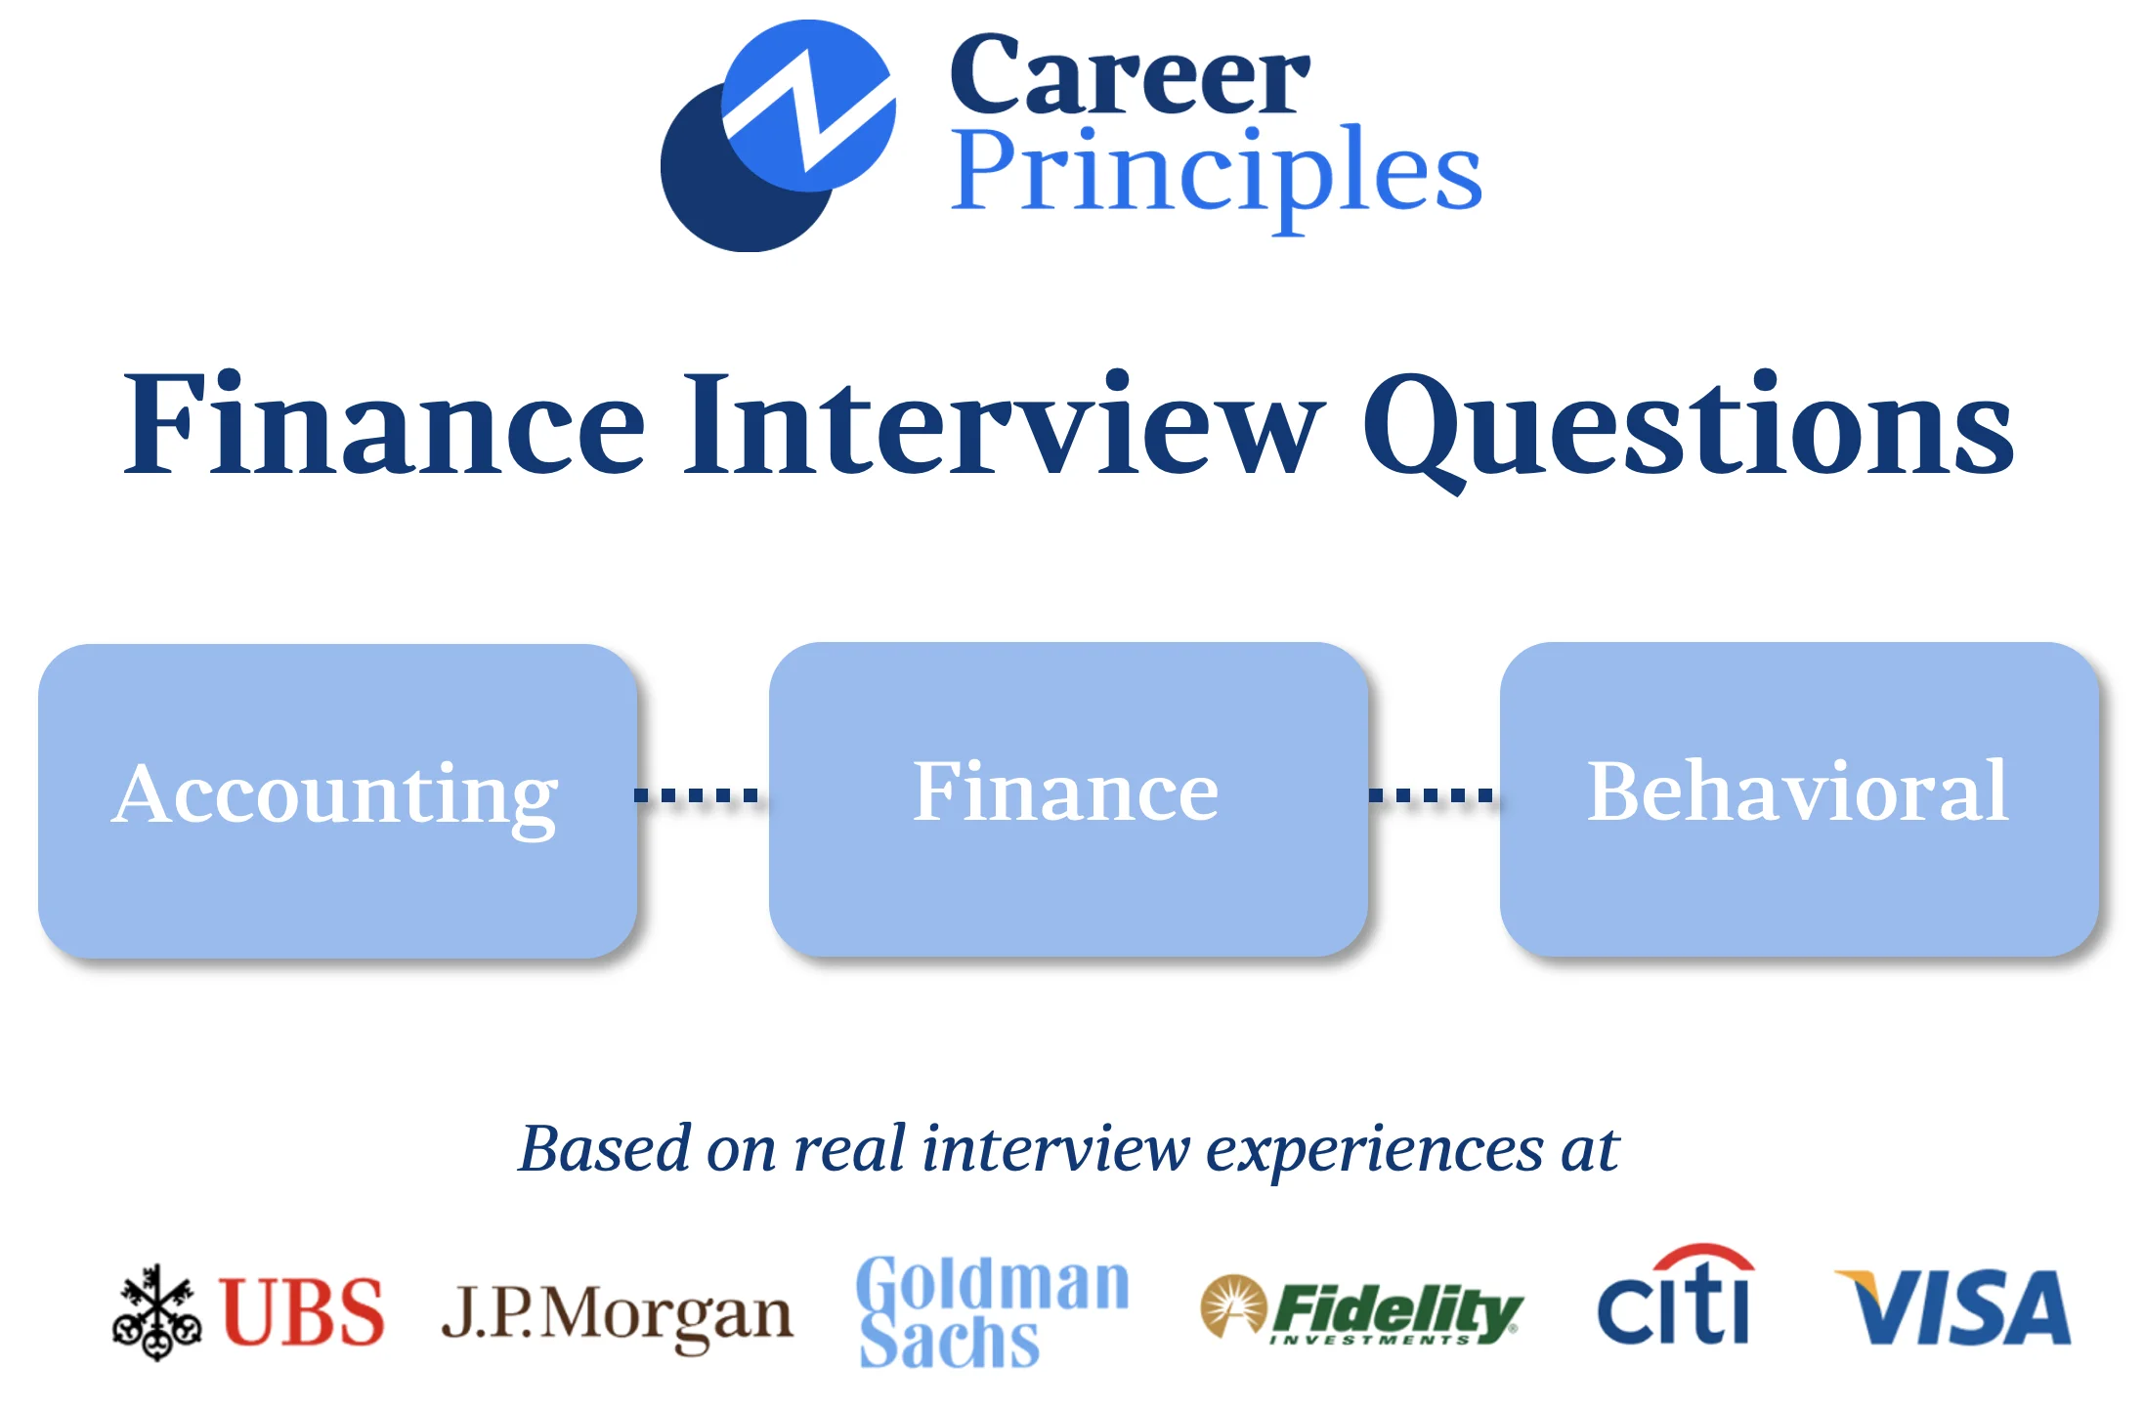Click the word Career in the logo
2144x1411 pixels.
tap(1129, 75)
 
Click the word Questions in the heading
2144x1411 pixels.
tap(1688, 430)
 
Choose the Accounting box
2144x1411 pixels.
tap(338, 800)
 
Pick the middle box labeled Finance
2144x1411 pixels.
tap(1068, 798)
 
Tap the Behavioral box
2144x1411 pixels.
tap(1799, 798)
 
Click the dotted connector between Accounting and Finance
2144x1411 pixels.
tap(696, 795)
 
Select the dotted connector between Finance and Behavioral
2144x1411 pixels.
tap(1431, 795)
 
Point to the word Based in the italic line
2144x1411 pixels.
tap(605, 1148)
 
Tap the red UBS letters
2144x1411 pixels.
tap(302, 1311)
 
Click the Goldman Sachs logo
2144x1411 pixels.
tap(993, 1311)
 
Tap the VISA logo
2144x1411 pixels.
tap(1952, 1307)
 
